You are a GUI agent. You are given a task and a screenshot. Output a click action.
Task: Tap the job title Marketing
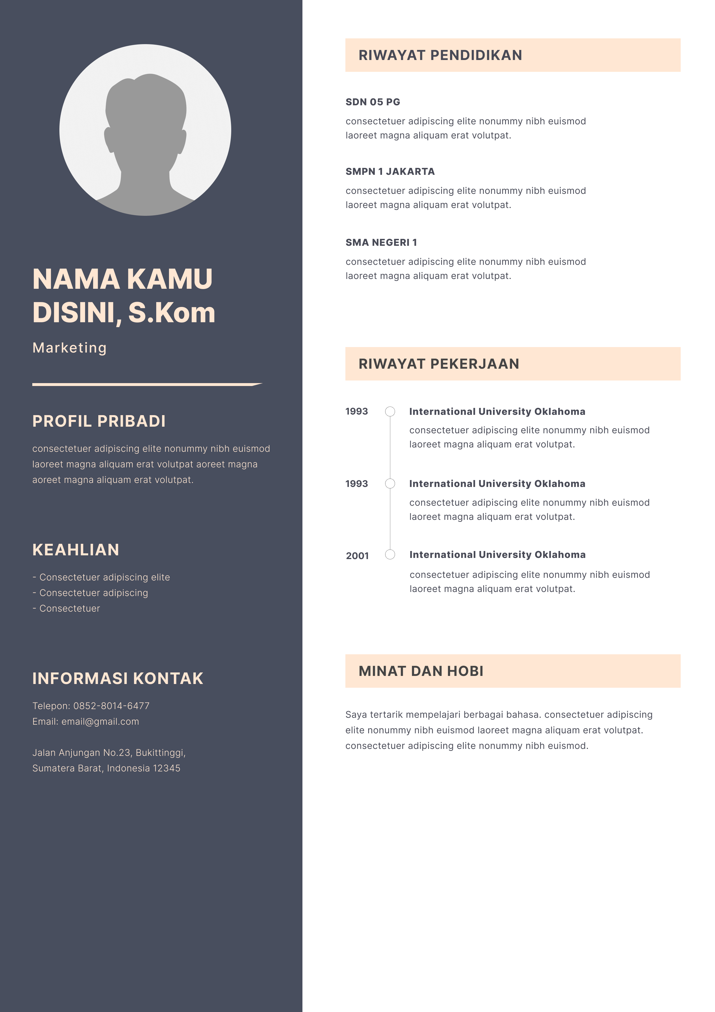tap(69, 348)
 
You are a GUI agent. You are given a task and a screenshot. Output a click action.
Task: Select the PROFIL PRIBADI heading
tap(99, 421)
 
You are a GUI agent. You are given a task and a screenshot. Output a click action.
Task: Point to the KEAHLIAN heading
tap(76, 550)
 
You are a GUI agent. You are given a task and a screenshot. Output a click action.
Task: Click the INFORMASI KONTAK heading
tap(118, 678)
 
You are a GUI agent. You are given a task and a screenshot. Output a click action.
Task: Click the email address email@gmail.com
tap(100, 721)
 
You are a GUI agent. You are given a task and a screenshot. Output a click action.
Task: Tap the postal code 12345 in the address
tap(167, 768)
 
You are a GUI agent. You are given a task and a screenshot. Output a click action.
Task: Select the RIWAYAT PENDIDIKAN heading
tap(440, 55)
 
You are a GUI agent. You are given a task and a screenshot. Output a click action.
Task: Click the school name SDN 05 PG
tap(373, 102)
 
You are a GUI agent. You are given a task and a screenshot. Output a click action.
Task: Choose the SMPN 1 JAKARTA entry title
tap(390, 171)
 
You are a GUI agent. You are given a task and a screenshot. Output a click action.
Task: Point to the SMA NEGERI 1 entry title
tap(381, 242)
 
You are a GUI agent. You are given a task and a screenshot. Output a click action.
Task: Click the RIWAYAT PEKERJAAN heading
tap(439, 363)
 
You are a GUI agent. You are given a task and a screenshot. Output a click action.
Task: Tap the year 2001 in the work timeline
tap(357, 556)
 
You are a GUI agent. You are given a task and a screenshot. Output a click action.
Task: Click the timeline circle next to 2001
tap(390, 554)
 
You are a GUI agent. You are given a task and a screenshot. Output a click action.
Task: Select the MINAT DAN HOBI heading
tap(421, 671)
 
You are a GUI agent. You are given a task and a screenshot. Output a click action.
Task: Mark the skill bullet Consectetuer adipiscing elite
tap(104, 578)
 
